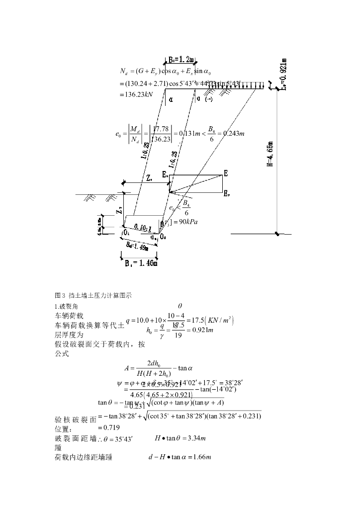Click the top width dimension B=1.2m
tap(181, 59)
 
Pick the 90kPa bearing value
tap(186, 222)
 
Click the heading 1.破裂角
tap(66, 306)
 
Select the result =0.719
tap(110, 427)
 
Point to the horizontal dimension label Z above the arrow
tap(149, 177)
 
